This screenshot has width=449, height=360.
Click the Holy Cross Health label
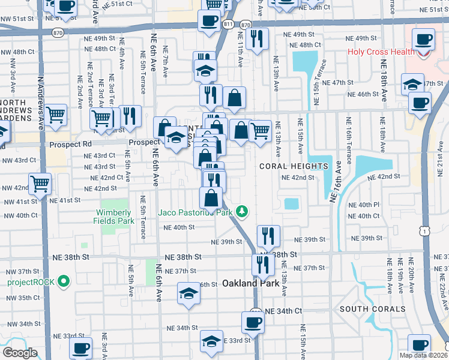(381, 52)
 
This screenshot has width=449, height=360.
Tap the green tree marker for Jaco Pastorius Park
(241, 212)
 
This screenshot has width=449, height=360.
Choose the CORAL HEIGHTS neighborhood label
(294, 166)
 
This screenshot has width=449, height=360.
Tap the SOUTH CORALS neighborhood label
(369, 309)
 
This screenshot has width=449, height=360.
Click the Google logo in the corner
(20, 353)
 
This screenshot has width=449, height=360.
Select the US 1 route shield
(425, 230)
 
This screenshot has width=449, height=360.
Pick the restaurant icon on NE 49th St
(257, 38)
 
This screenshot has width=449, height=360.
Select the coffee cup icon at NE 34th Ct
(253, 322)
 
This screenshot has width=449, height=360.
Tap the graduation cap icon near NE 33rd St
(211, 341)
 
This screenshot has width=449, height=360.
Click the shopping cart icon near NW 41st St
(40, 183)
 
